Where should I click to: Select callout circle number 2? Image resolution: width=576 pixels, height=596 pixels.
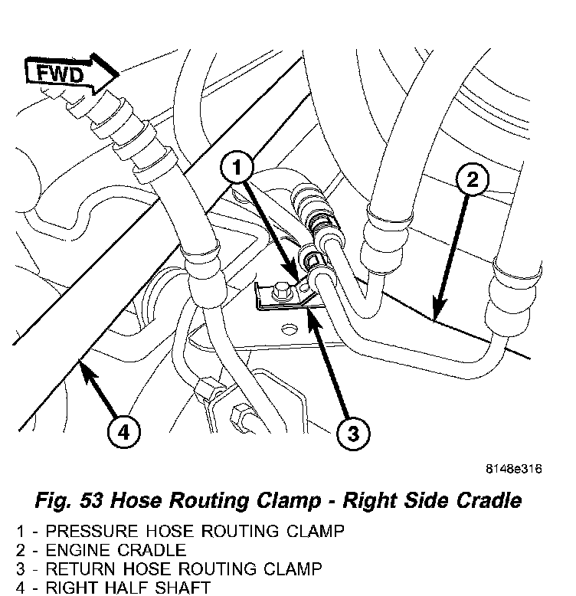473,181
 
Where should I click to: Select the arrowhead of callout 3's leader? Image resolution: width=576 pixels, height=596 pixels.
311,315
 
